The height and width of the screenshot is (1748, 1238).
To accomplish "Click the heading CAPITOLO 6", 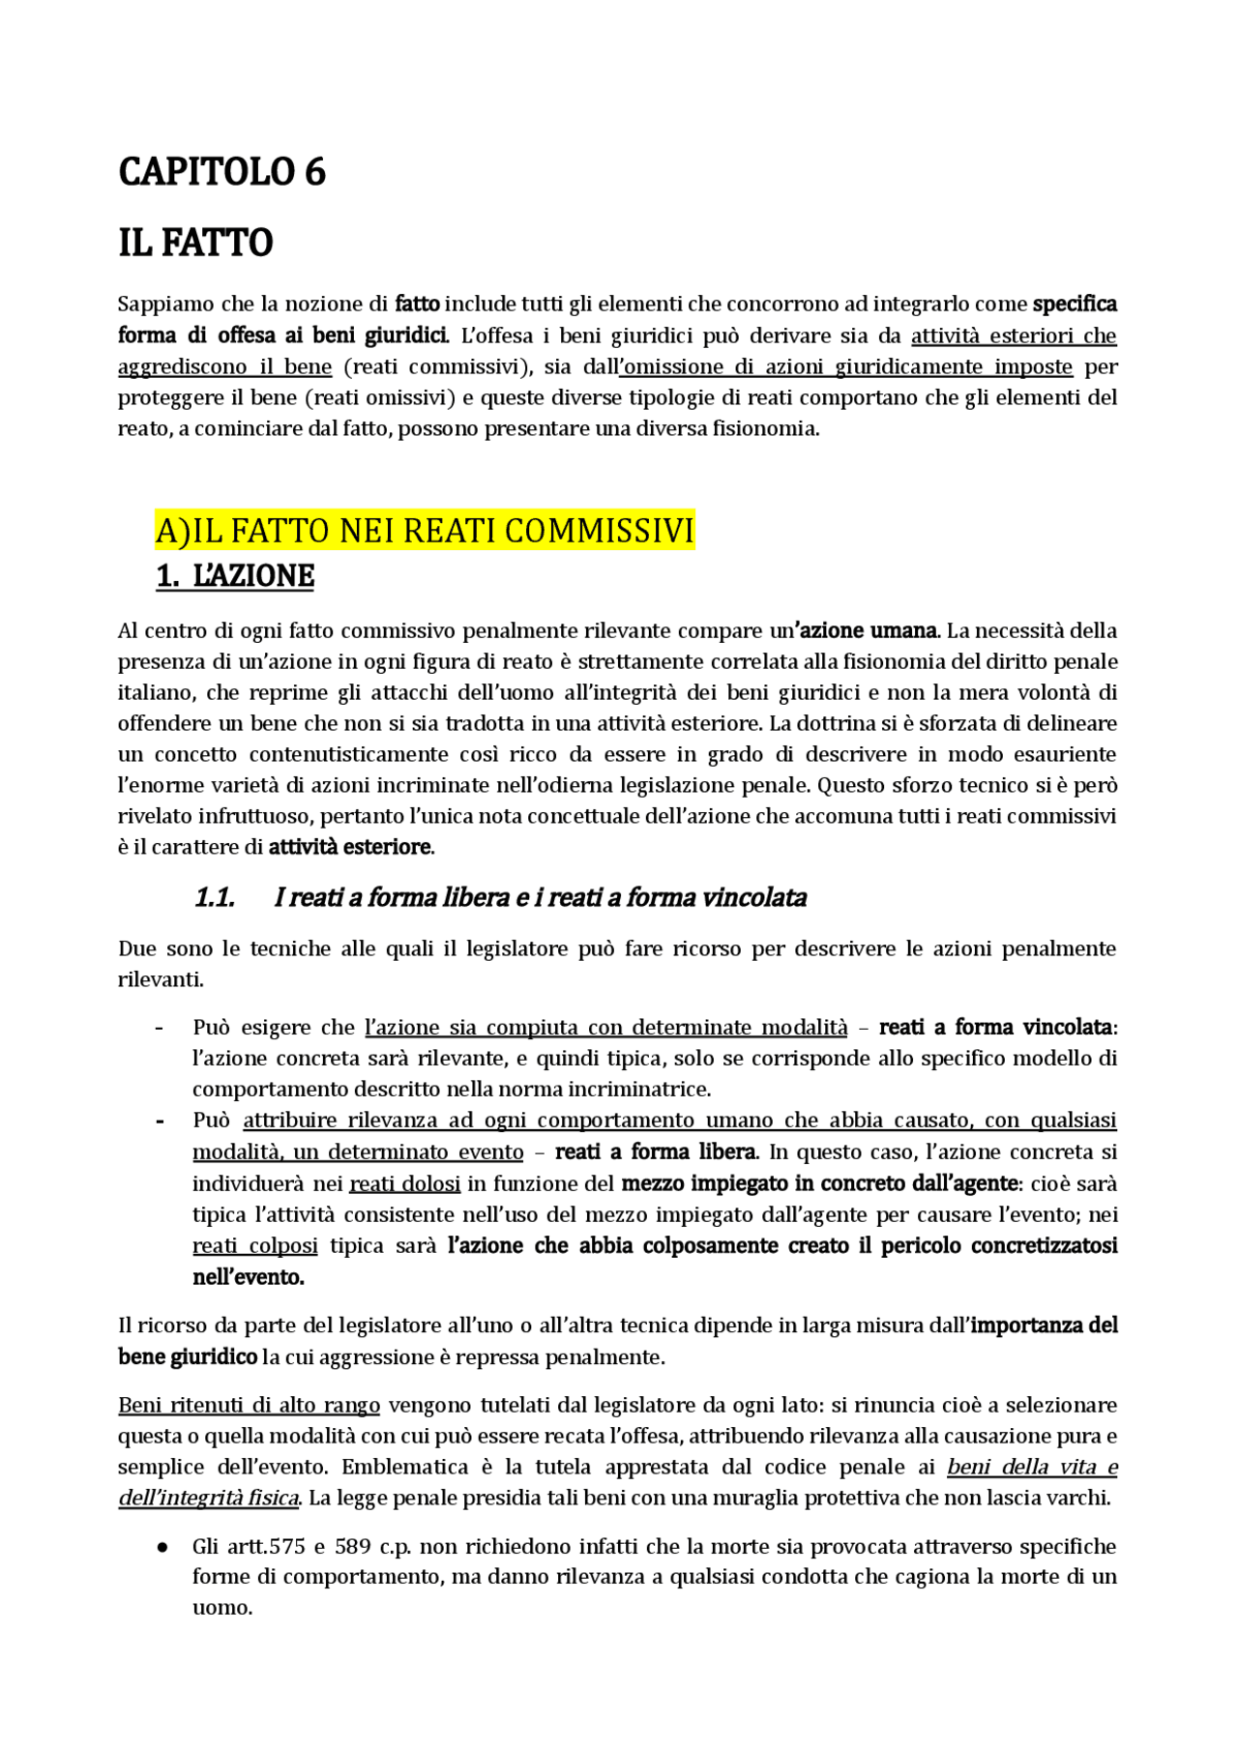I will (221, 172).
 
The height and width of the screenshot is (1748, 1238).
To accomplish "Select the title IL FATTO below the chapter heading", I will (195, 243).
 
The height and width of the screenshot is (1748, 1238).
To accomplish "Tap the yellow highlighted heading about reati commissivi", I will (425, 532).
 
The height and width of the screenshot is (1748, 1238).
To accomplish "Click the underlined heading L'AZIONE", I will (235, 576).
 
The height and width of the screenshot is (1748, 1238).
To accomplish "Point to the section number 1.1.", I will (215, 898).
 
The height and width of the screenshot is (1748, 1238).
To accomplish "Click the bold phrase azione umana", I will (866, 631).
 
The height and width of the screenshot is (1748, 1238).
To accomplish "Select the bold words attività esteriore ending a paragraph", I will (350, 848).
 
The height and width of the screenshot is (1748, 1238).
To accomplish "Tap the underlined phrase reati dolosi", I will (405, 1184).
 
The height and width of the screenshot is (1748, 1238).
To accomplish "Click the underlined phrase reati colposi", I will (254, 1246).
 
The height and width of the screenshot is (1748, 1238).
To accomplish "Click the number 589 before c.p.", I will (353, 1547).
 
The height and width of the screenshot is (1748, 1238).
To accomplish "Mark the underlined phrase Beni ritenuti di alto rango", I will (249, 1406).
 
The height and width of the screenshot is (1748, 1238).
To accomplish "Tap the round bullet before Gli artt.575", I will (163, 1547).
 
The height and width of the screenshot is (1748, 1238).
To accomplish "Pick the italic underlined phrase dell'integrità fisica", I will (208, 1499).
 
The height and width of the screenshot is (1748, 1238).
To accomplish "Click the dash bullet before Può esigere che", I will (159, 1028).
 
